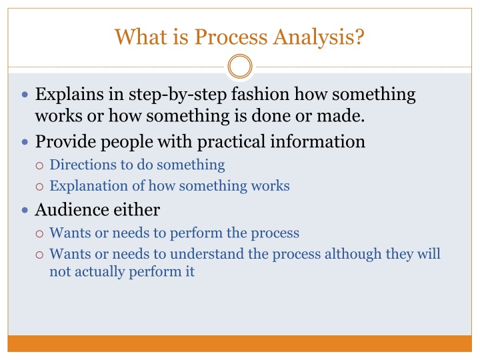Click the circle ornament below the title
(240, 67)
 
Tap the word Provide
(62, 141)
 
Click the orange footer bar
(240, 343)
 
